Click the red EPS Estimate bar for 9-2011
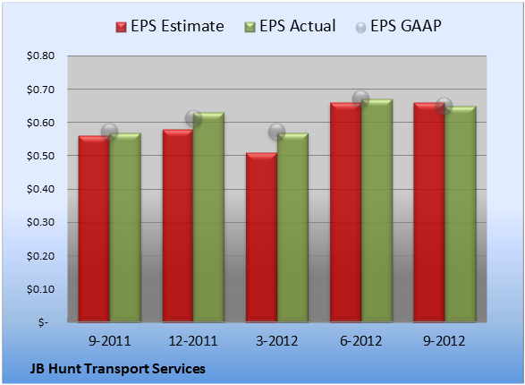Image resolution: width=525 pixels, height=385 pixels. (94, 229)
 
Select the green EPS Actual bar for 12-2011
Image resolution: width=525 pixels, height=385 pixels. (208, 218)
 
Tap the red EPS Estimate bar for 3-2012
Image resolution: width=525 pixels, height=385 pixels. (261, 237)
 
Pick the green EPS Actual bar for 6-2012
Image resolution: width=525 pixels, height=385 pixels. (377, 210)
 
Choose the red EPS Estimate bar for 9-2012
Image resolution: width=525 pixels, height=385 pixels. (429, 212)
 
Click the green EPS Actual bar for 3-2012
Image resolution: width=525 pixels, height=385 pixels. (292, 227)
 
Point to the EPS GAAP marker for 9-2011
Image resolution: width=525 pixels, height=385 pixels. (109, 132)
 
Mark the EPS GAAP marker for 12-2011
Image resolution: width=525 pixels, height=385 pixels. (193, 118)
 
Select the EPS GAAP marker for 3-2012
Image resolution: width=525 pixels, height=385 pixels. (277, 132)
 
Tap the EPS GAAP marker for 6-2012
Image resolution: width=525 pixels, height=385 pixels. (361, 98)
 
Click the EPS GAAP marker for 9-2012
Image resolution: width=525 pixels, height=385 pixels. (445, 106)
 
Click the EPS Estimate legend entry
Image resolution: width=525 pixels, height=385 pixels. (170, 26)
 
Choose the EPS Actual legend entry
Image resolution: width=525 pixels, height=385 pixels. (290, 26)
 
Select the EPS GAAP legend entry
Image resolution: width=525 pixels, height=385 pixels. (398, 26)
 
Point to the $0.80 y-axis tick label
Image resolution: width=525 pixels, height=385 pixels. (40, 56)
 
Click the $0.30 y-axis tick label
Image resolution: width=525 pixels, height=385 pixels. (40, 222)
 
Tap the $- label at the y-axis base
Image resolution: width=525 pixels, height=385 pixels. (43, 322)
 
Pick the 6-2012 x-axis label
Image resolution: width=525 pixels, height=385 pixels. (361, 341)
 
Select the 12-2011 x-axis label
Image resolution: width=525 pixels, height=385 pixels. (193, 341)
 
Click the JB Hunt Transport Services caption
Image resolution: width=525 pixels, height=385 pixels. (118, 369)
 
